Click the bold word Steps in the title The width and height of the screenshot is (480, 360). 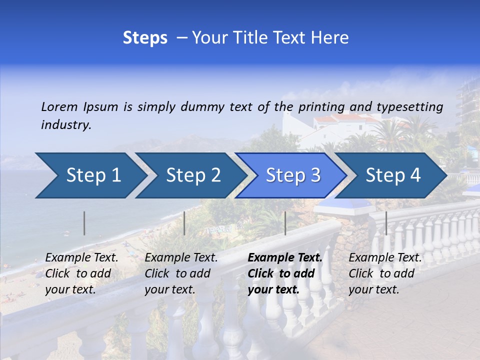145,38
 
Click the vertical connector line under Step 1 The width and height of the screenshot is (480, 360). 84,223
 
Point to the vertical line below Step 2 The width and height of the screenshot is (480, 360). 184,223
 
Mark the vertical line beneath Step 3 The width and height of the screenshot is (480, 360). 285,223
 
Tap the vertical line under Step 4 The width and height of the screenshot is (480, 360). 386,223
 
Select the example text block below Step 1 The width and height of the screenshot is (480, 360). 81,273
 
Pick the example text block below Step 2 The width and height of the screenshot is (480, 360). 181,273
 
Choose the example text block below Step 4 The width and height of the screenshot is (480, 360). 385,273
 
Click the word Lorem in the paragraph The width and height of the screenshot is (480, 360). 59,106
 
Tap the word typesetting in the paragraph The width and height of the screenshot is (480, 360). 409,106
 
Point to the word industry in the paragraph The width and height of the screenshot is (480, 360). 66,125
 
